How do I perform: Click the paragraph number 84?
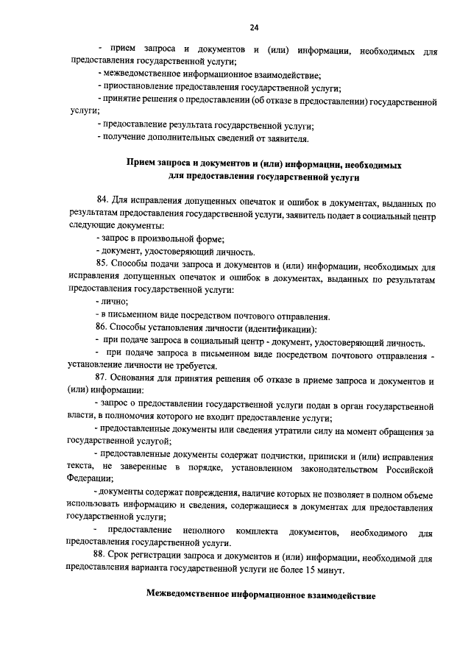click(102, 202)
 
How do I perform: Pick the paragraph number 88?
click(102, 557)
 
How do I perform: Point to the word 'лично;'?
click(116, 302)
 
